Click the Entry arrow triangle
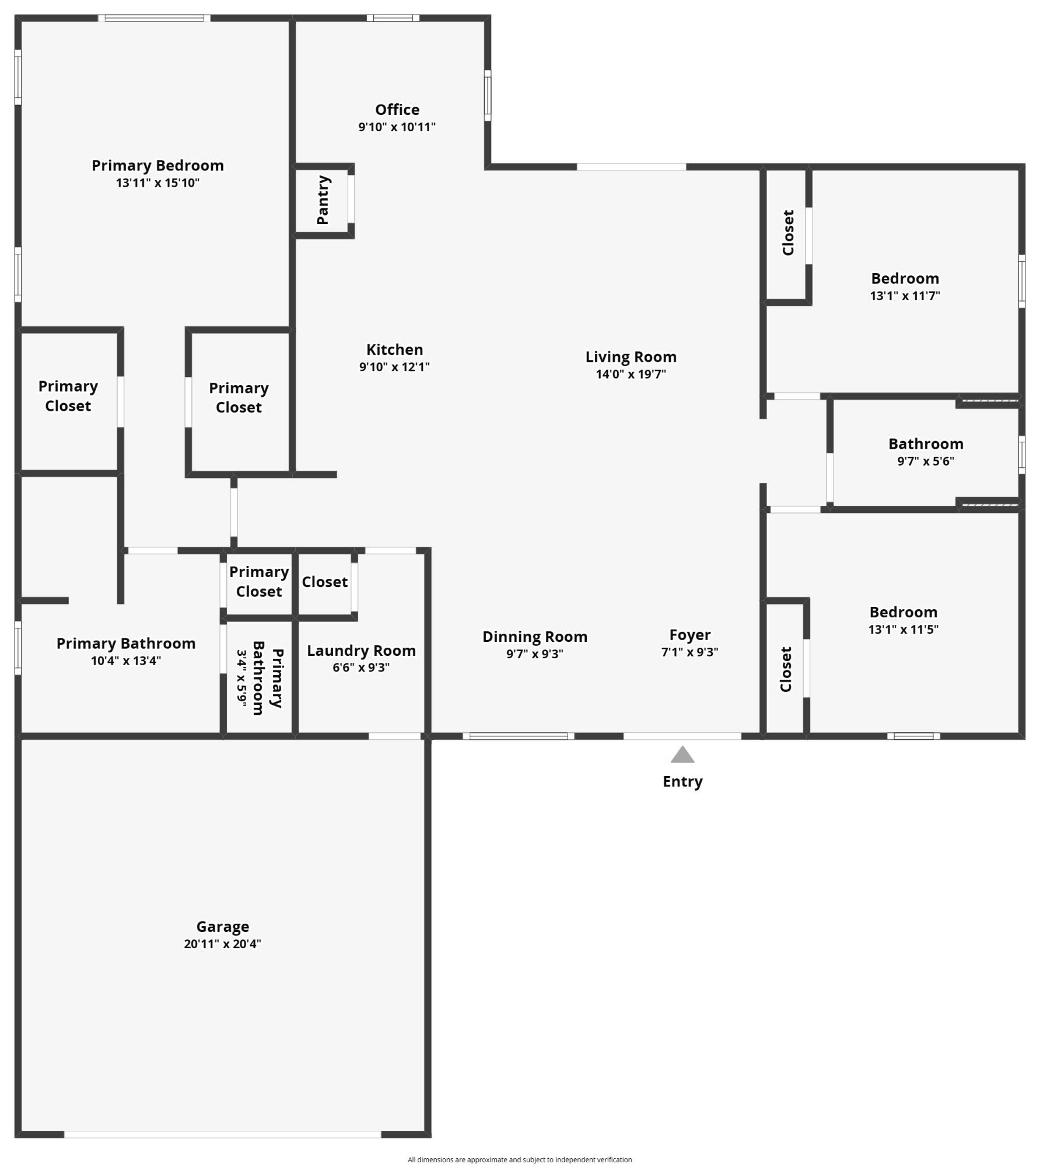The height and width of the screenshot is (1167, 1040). click(682, 756)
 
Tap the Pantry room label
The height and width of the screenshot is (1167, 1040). click(323, 200)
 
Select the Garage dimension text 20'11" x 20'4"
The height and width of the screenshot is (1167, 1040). click(222, 944)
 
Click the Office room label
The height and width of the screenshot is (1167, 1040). click(397, 110)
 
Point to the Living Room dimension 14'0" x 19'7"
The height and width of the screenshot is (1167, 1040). click(631, 374)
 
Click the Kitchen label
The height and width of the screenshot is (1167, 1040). click(394, 350)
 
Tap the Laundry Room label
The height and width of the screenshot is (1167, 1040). click(361, 651)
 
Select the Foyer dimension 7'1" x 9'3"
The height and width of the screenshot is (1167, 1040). click(689, 652)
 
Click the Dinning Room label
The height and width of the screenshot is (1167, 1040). click(534, 637)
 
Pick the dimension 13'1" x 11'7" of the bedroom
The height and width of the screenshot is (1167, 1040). click(905, 296)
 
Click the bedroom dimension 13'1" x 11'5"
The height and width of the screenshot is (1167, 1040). click(903, 630)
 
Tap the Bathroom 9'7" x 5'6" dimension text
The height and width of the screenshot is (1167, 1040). click(925, 461)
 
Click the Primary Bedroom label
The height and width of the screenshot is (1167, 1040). click(157, 166)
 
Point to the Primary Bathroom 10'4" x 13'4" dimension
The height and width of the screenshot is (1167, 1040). click(125, 661)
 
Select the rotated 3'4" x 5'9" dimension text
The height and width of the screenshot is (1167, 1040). click(241, 678)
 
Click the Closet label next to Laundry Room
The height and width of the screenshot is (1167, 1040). click(324, 582)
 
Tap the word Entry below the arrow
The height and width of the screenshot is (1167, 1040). click(682, 781)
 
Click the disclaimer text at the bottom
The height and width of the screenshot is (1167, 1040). click(519, 1159)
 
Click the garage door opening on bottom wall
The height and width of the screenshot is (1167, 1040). click(222, 1134)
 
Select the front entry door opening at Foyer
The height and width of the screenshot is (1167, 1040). click(682, 736)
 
